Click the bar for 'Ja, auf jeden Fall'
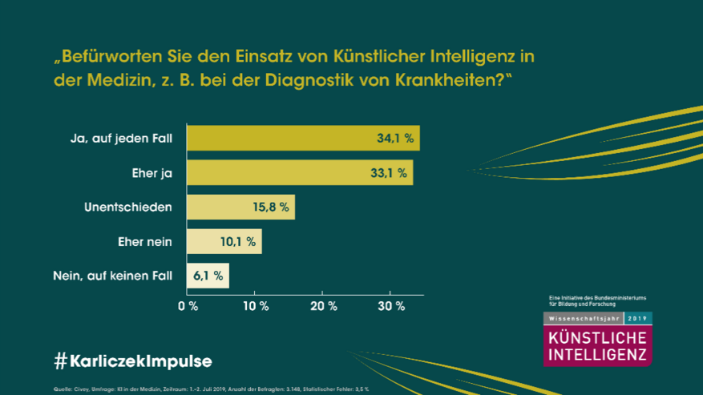[303, 138]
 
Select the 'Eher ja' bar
[300, 172]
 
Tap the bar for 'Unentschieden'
[240, 207]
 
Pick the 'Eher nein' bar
[224, 241]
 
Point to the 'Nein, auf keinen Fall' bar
[208, 276]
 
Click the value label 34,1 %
[395, 138]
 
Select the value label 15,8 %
[272, 207]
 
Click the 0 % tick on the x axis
[188, 306]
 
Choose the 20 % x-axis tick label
[323, 306]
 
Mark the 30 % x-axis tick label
[390, 306]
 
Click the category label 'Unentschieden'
[128, 207]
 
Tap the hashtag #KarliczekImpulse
[133, 361]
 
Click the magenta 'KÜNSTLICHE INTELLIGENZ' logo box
[597, 345]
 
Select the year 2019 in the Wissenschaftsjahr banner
[639, 318]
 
